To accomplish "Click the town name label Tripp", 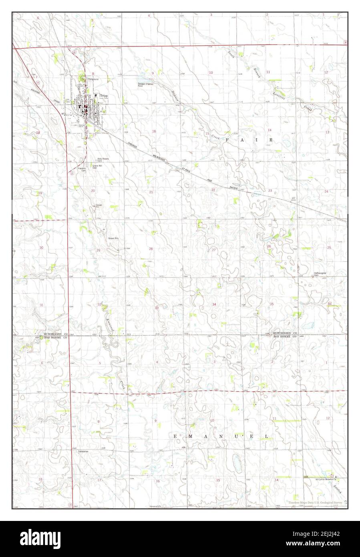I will (x=104, y=96).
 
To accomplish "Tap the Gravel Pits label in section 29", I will (x=114, y=238).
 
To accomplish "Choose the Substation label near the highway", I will (x=84, y=451).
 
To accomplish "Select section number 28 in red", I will (x=151, y=249).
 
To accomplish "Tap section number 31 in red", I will (x=41, y=305).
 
